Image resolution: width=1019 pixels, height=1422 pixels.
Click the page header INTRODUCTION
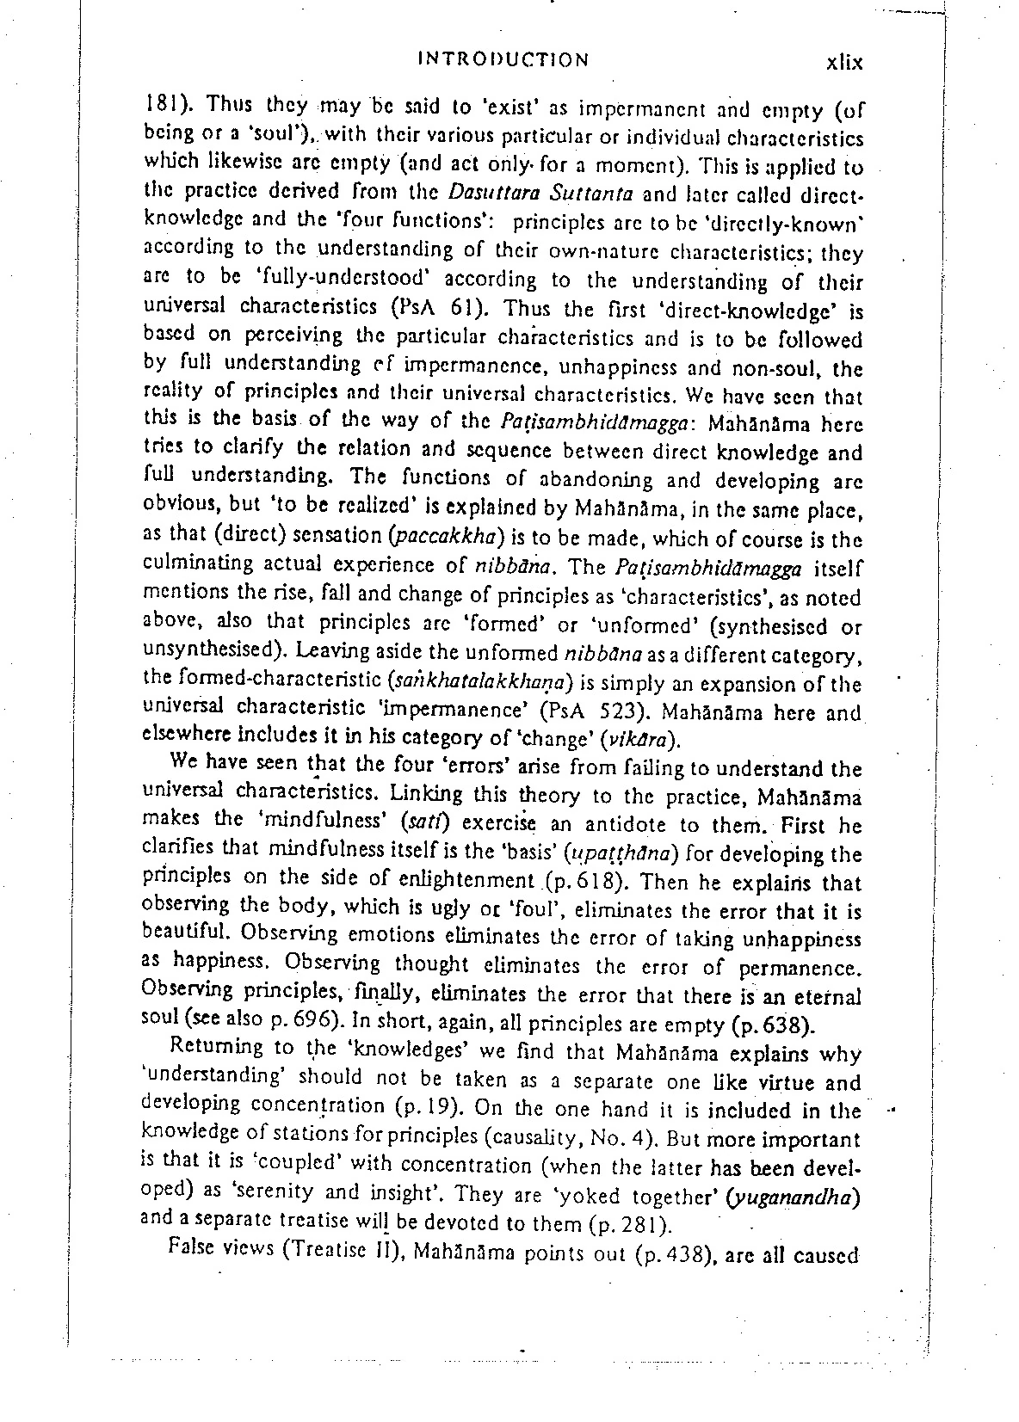tap(503, 60)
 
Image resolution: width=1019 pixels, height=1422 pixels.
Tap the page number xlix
tap(843, 63)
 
